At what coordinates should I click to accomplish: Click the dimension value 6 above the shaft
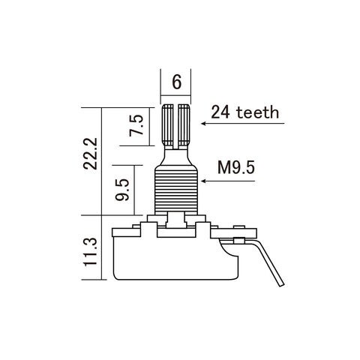176,82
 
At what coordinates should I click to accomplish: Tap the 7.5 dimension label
136,125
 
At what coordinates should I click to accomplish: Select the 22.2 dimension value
90,154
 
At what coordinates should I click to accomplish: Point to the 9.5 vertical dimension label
122,190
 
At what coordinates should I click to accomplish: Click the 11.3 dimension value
90,252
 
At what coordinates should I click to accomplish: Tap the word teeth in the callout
258,112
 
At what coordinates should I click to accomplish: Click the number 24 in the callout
220,112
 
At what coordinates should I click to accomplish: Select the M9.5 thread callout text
236,167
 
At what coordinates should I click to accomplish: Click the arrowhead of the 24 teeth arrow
203,123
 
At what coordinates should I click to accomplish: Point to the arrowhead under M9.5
203,181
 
